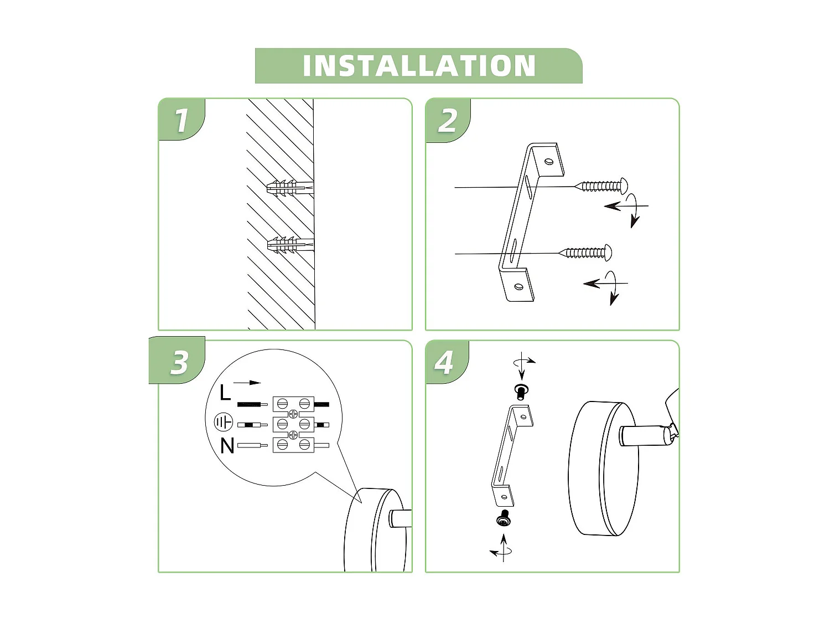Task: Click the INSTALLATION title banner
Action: pyautogui.click(x=418, y=66)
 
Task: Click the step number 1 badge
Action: pyautogui.click(x=181, y=120)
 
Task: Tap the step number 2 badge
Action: pyautogui.click(x=448, y=120)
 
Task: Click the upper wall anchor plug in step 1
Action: pyautogui.click(x=289, y=188)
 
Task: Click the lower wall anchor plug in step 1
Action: pyautogui.click(x=289, y=244)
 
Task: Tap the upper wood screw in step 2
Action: pyautogui.click(x=602, y=186)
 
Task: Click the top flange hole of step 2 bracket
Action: pyautogui.click(x=548, y=162)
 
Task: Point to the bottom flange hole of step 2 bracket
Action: pyautogui.click(x=518, y=287)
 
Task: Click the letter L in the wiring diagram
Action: pyautogui.click(x=225, y=393)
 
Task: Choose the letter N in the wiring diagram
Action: pyautogui.click(x=227, y=446)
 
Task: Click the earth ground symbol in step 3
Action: pyautogui.click(x=224, y=423)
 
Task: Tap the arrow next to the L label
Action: pyautogui.click(x=247, y=383)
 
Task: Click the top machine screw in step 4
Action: pyautogui.click(x=521, y=391)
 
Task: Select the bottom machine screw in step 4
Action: pyautogui.click(x=504, y=518)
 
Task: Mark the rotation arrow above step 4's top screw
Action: pyautogui.click(x=523, y=362)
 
